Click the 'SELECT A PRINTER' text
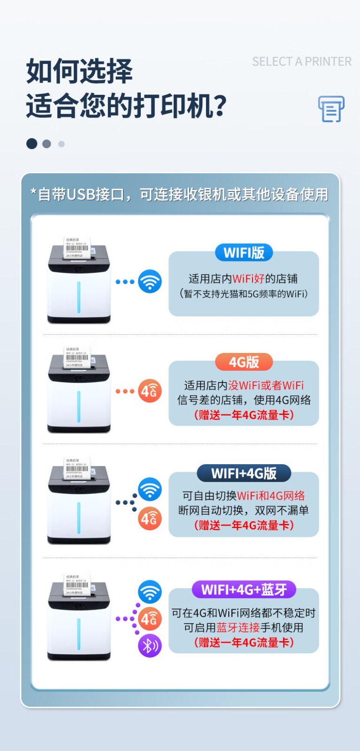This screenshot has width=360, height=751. tap(301, 61)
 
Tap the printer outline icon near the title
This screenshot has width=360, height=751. tap(331, 109)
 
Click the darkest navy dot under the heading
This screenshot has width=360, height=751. tap(32, 144)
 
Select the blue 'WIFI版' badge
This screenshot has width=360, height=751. tap(244, 253)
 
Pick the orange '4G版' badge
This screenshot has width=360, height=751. tap(244, 362)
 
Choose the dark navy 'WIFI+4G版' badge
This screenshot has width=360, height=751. tap(244, 473)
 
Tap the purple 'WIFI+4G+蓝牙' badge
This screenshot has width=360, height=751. tap(244, 590)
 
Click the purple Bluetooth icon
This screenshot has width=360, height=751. tap(150, 646)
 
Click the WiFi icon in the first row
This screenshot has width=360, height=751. tap(150, 282)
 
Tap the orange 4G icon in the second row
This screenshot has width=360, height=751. tap(150, 391)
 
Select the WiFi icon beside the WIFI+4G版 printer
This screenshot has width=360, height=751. tap(150, 490)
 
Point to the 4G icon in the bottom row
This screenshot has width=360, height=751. tap(150, 619)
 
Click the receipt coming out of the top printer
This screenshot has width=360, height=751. tap(77, 247)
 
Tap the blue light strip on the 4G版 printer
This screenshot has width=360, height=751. tap(79, 406)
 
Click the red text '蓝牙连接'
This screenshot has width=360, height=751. tap(238, 628)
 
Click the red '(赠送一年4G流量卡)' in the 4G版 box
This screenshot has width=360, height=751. tap(244, 415)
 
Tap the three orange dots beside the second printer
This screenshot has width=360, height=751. tap(125, 391)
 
